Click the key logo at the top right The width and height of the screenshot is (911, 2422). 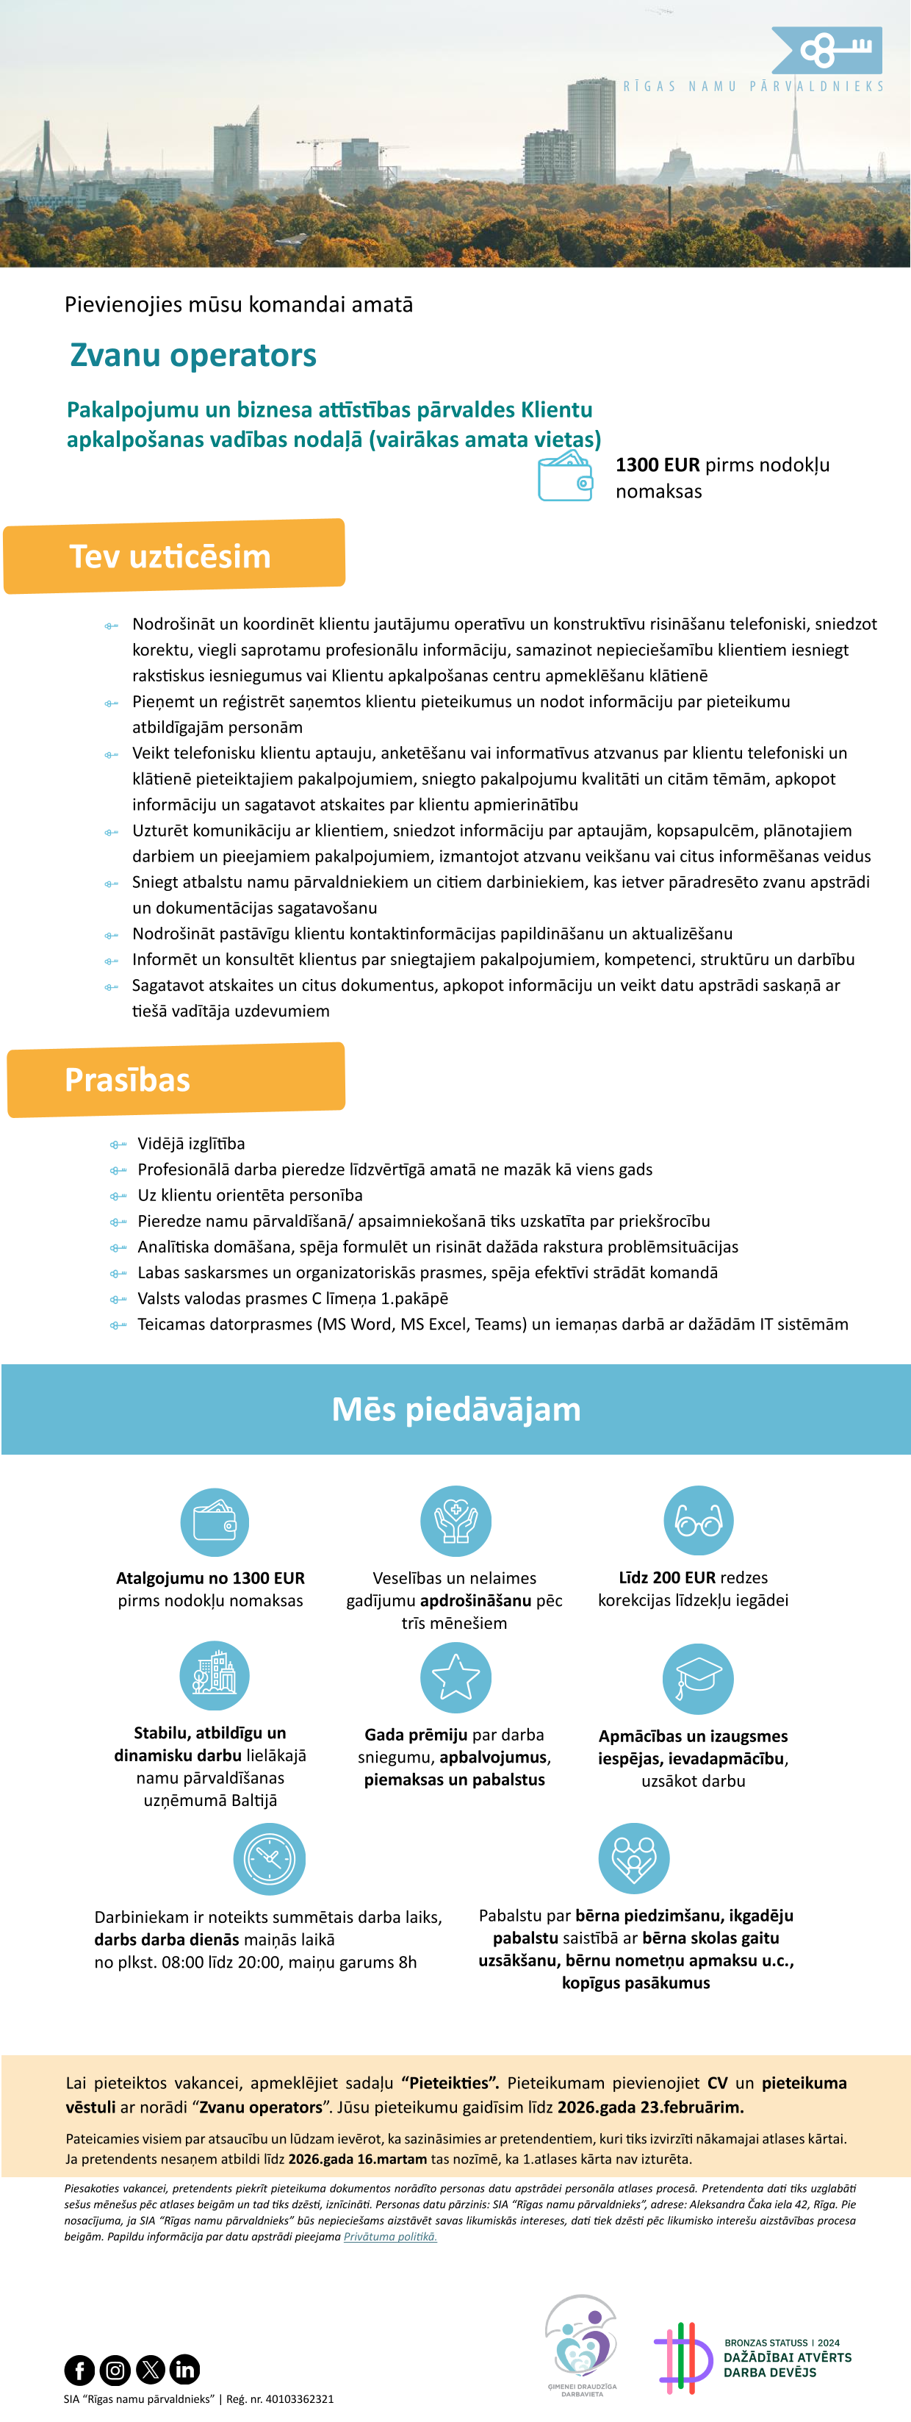click(827, 51)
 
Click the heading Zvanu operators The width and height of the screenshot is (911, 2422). click(192, 356)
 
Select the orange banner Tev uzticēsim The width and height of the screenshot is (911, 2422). click(174, 556)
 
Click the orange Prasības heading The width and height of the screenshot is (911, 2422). click(176, 1079)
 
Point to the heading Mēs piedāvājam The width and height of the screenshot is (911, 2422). click(456, 1409)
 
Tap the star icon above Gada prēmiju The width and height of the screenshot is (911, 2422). click(455, 1677)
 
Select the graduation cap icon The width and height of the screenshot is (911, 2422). click(698, 1678)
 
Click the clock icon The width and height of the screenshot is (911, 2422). click(269, 1858)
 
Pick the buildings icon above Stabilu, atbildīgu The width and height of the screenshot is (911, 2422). click(215, 1675)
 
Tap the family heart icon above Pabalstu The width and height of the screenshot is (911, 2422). click(633, 1858)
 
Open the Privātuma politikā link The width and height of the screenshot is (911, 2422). click(390, 2237)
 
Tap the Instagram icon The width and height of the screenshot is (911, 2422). click(115, 2369)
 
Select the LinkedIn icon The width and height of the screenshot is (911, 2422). click(185, 2369)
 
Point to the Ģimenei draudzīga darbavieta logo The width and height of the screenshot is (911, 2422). click(582, 2346)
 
